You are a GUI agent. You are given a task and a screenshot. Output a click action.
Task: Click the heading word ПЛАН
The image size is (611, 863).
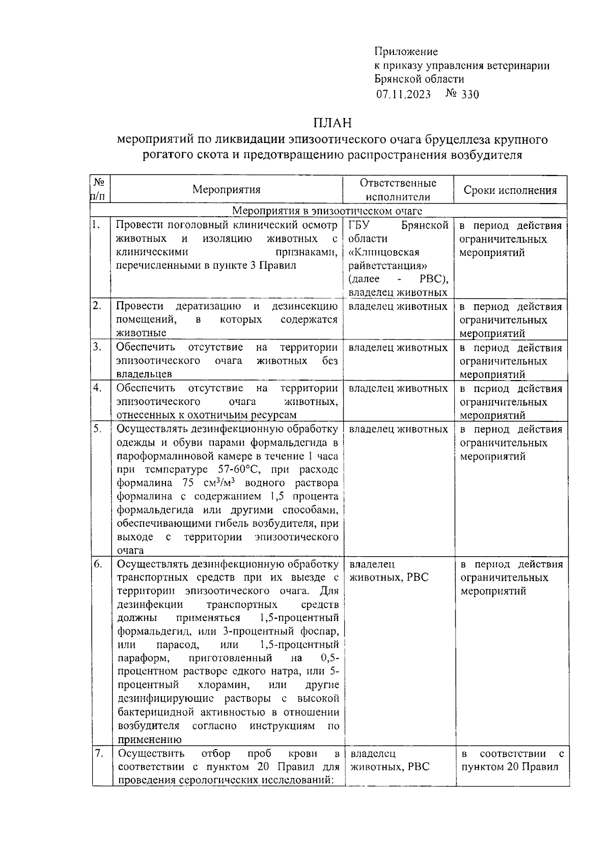(x=332, y=123)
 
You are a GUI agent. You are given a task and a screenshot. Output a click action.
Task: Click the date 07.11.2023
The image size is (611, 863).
(x=404, y=94)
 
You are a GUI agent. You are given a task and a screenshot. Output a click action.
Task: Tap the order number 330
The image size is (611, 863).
(x=469, y=94)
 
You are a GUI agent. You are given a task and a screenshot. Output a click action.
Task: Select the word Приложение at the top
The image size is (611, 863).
(x=406, y=51)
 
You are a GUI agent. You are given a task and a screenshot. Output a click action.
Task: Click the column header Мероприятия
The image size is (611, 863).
(x=226, y=190)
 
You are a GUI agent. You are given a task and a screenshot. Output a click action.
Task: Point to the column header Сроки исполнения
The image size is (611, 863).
(x=510, y=190)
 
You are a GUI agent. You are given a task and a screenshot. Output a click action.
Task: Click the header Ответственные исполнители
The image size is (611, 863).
(x=398, y=190)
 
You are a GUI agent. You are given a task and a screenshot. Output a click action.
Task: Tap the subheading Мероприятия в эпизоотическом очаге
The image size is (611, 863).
(x=327, y=211)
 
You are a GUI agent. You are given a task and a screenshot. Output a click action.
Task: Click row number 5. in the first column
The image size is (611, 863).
(x=97, y=429)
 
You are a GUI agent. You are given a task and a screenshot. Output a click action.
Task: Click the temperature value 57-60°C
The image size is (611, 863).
(x=239, y=469)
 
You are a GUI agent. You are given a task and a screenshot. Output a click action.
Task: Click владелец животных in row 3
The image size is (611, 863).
(x=398, y=348)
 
